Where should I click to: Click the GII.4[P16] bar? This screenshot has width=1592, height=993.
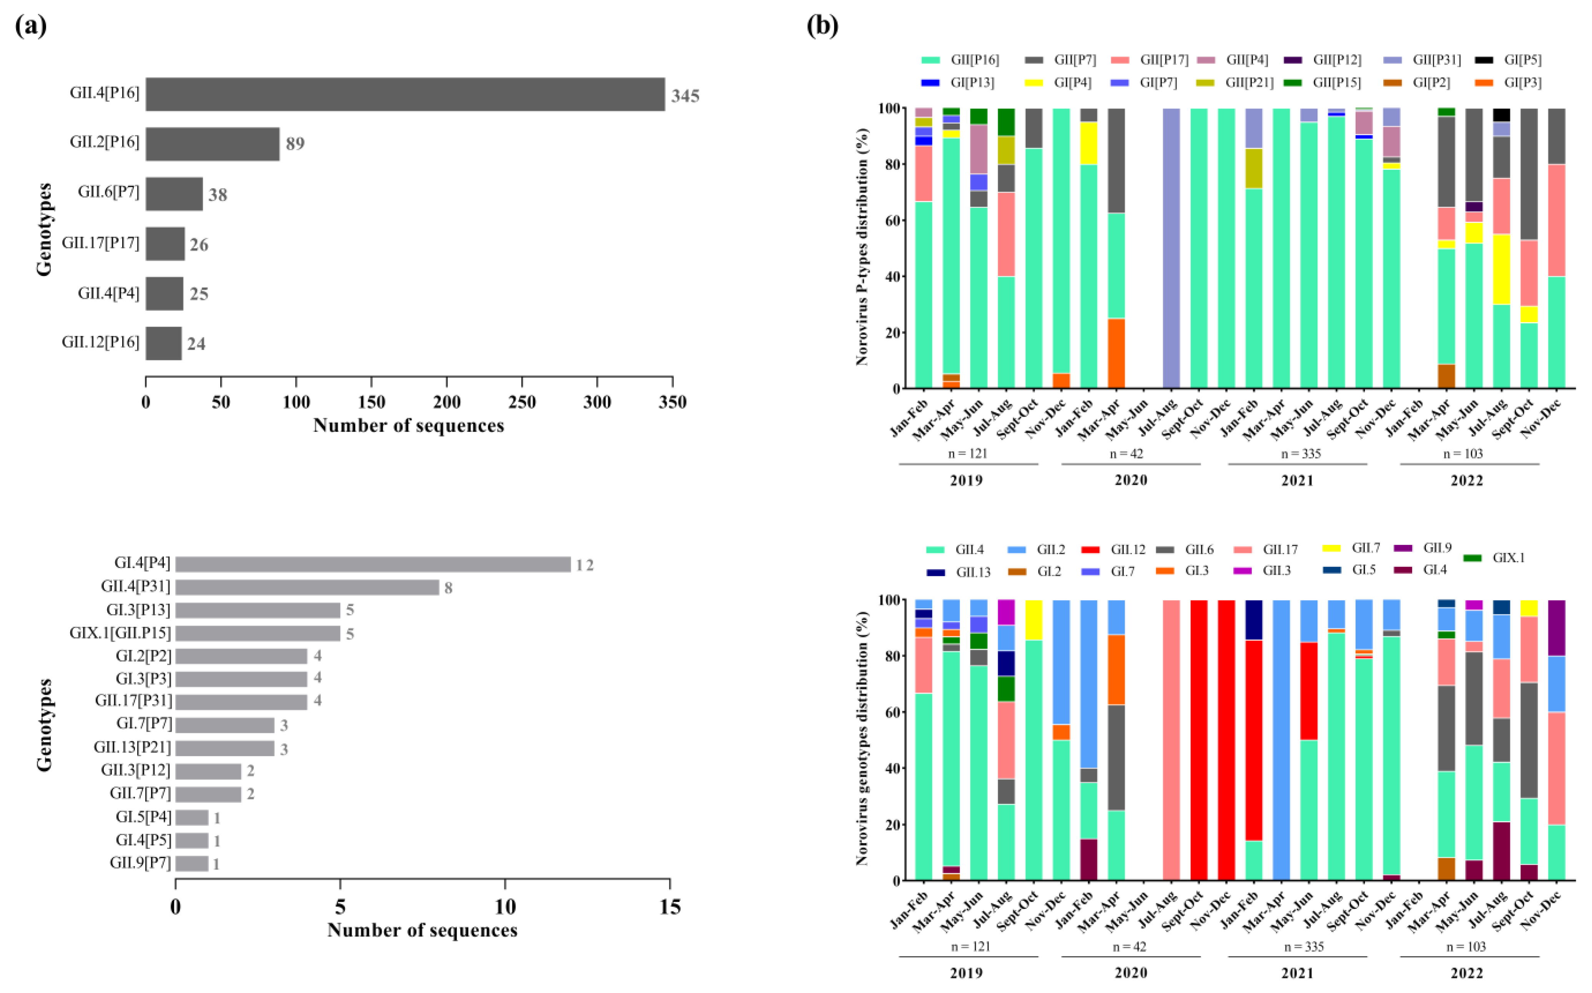pos(405,94)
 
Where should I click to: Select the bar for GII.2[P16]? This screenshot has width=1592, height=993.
pos(212,144)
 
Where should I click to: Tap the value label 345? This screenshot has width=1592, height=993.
pos(685,96)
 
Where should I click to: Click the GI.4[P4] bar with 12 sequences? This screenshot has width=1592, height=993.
pos(372,564)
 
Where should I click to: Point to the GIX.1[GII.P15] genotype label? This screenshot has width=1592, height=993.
pos(120,633)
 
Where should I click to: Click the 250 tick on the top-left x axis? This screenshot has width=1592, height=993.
pos(522,402)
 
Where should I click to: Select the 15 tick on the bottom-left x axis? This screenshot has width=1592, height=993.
pos(669,907)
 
